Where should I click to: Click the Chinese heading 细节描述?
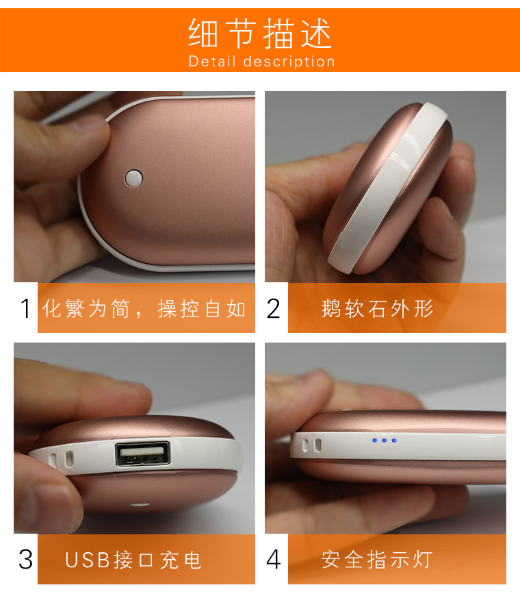click(260, 33)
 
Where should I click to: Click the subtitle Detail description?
click(261, 62)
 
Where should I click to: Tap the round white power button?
click(133, 179)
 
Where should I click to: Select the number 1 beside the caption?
click(26, 309)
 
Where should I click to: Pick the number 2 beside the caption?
click(274, 309)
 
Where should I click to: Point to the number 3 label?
click(26, 560)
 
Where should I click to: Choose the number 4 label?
click(274, 560)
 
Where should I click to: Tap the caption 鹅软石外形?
click(377, 309)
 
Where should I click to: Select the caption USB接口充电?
click(133, 560)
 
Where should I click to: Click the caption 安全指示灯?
click(377, 560)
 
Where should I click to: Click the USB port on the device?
click(142, 456)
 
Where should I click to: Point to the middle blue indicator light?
click(384, 441)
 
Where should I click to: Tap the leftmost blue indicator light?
click(374, 441)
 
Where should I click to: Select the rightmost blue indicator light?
click(394, 441)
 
